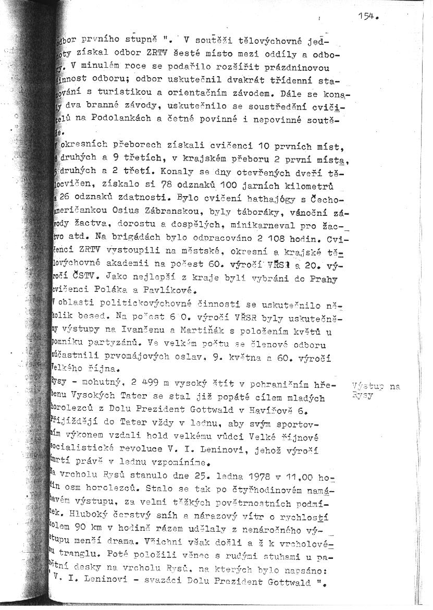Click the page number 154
367,16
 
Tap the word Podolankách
112,119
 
